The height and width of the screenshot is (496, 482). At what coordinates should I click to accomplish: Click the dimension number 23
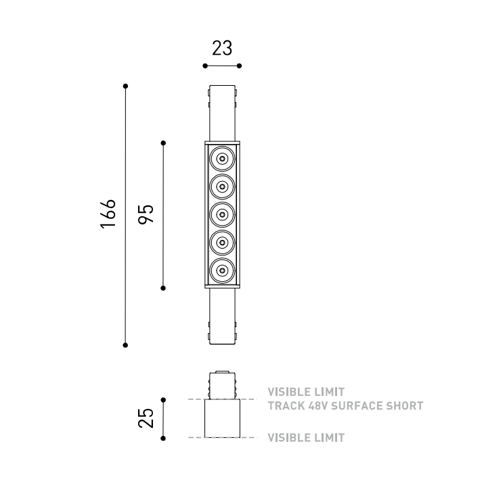[x=222, y=48]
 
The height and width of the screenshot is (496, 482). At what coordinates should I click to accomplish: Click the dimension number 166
[x=108, y=214]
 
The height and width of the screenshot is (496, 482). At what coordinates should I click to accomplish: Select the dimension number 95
[x=146, y=214]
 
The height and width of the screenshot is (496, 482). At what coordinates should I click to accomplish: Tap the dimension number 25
[x=146, y=418]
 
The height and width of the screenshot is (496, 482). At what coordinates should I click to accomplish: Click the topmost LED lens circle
[x=223, y=159]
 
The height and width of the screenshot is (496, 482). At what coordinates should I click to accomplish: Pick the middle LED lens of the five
[x=223, y=214]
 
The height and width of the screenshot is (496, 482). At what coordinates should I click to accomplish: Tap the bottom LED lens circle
[x=223, y=270]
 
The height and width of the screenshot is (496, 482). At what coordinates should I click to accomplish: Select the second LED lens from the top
[x=223, y=187]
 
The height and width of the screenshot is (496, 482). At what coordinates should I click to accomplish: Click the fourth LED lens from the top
[x=223, y=243]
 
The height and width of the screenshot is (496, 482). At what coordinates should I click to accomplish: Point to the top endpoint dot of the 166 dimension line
[x=125, y=86]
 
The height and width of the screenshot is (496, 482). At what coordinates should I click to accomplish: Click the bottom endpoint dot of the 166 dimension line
[x=125, y=345]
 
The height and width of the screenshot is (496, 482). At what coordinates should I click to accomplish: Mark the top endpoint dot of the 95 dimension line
[x=163, y=143]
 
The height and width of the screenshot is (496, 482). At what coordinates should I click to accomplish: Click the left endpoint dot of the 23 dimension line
[x=205, y=66]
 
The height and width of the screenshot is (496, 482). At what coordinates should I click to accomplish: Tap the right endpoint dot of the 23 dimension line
[x=239, y=66]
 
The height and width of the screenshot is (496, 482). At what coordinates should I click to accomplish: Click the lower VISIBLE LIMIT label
[x=306, y=438]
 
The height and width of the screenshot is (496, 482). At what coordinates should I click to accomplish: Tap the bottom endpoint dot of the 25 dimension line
[x=163, y=439]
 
